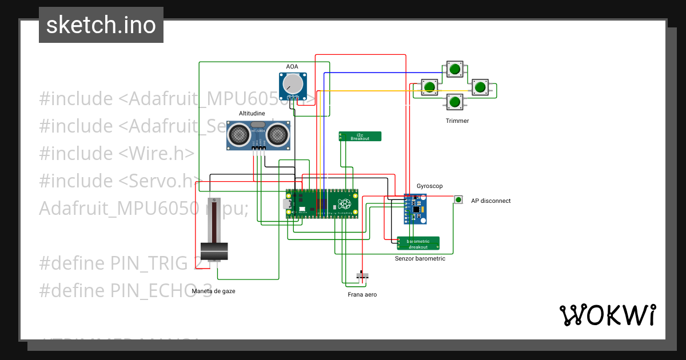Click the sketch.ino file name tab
(101, 25)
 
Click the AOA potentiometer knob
(293, 85)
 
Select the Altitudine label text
(252, 114)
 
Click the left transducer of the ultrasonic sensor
(238, 135)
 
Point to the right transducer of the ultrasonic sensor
(277, 135)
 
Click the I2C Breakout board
(360, 136)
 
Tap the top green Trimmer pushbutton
(455, 70)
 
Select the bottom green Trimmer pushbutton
(455, 102)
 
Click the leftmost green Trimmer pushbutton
(430, 87)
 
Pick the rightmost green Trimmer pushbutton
(479, 87)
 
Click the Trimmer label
(457, 121)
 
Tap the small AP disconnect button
(458, 199)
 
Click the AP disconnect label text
(490, 201)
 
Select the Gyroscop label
(429, 186)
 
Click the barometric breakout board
(418, 243)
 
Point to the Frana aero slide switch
(362, 276)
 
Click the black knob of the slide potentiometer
(214, 250)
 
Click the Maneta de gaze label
(213, 291)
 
